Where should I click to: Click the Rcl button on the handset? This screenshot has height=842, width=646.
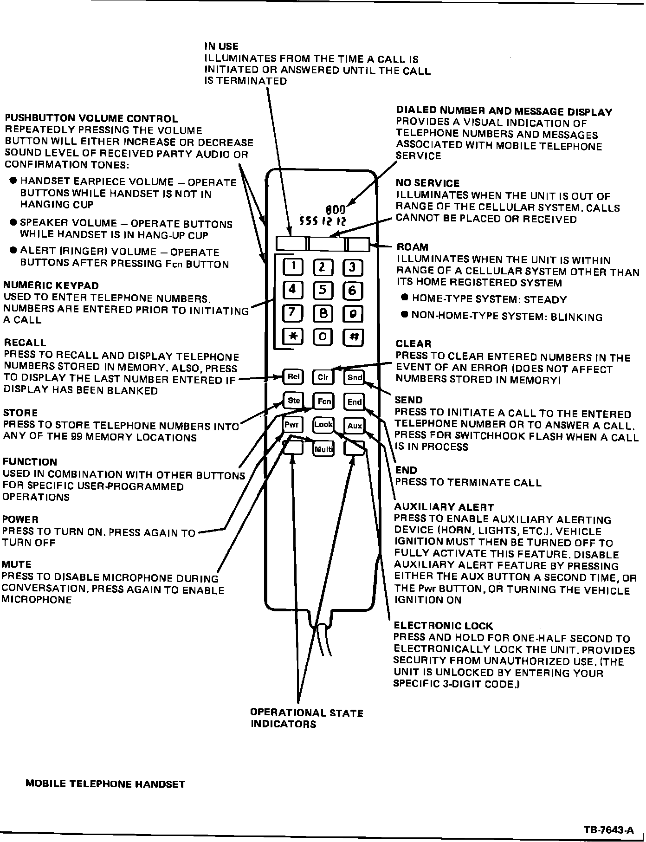click(x=293, y=377)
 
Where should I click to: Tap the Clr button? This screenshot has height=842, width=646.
click(x=323, y=377)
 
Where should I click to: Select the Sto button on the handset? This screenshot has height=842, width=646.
click(x=293, y=401)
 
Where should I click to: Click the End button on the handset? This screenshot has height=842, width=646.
click(x=355, y=402)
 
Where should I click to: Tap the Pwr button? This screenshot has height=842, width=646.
click(x=292, y=425)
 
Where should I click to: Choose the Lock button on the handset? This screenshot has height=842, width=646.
click(x=323, y=424)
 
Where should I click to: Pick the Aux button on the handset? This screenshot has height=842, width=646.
click(x=355, y=426)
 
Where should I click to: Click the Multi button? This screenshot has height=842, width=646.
click(x=323, y=449)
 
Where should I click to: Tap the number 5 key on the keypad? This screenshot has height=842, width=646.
click(x=323, y=291)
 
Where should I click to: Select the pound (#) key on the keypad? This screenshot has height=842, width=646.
click(x=353, y=337)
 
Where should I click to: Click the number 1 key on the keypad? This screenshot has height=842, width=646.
click(x=293, y=266)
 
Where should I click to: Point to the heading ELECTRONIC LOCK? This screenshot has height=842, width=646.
click(x=443, y=626)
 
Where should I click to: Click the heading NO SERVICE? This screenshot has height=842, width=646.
click(x=427, y=183)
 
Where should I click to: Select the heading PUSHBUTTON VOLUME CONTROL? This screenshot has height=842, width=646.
click(x=91, y=119)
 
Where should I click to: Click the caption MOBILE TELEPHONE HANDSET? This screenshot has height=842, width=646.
click(x=105, y=784)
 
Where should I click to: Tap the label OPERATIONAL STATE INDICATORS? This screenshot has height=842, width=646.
click(x=306, y=718)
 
